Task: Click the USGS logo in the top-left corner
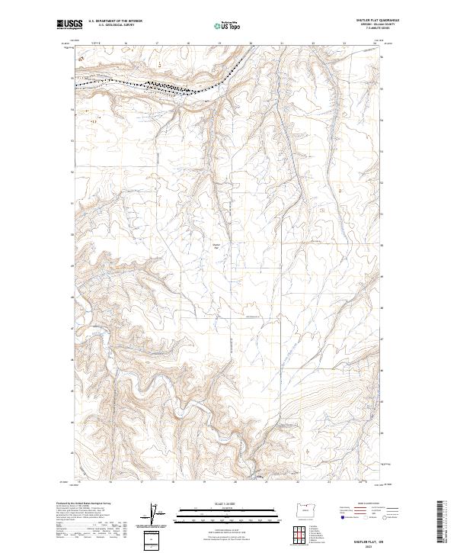(x=70, y=24)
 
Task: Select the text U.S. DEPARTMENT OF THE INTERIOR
(x=115, y=21)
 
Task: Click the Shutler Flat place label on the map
(x=216, y=246)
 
